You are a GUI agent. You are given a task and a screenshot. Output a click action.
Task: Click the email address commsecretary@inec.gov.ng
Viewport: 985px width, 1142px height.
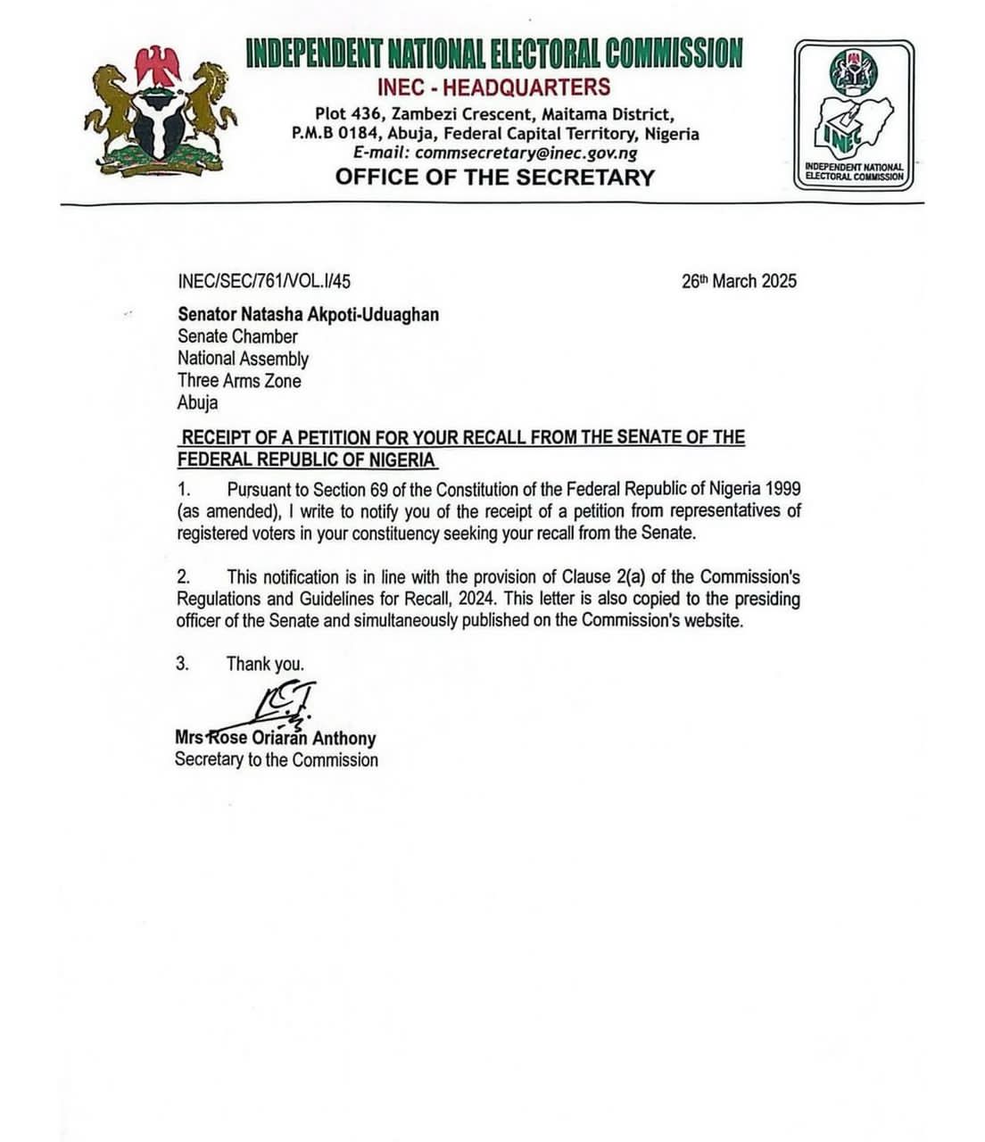tap(526, 153)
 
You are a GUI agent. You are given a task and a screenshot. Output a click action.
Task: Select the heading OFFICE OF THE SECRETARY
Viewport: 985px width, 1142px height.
tap(495, 177)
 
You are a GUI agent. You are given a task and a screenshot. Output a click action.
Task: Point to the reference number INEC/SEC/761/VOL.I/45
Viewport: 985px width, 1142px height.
tap(264, 281)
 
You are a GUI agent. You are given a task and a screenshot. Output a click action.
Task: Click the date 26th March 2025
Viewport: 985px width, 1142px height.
tap(739, 281)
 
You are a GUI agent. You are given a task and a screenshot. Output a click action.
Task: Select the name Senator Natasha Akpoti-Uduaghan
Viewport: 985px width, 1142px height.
tap(308, 314)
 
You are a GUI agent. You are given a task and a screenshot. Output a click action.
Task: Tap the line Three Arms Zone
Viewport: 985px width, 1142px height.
tap(239, 380)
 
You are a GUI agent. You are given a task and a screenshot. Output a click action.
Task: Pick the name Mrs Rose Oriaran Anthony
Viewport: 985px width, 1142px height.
tap(275, 738)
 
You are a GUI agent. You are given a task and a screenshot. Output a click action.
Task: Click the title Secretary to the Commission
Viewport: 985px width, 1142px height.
tap(276, 760)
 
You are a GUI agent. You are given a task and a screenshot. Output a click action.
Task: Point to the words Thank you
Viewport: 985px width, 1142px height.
tap(265, 664)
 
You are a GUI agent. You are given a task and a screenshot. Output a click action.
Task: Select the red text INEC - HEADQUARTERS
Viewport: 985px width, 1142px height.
tap(493, 87)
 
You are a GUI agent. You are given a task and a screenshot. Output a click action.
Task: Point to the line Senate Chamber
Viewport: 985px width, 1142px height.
tap(237, 336)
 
